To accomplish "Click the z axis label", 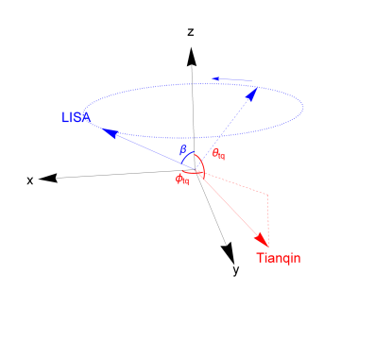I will coord(191,32).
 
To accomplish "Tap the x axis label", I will coord(30,180).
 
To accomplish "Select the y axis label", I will coord(231,270).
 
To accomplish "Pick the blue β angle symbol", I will coord(184,148).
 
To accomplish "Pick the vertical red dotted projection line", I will coord(270,215).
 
